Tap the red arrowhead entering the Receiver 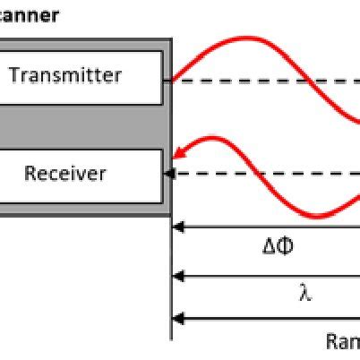tap(179, 153)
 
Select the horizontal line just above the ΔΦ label tap(269, 227)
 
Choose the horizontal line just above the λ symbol tap(269, 277)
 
